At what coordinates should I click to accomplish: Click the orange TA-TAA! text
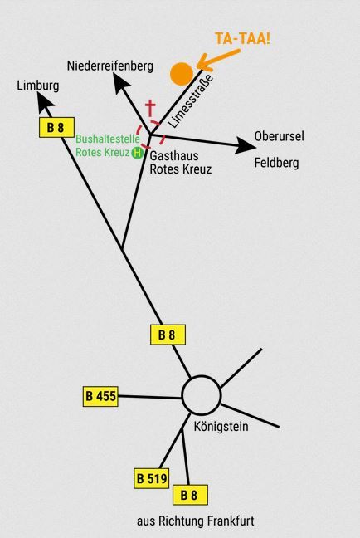pyautogui.click(x=242, y=38)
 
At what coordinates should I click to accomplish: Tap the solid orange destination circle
pyautogui.click(x=182, y=74)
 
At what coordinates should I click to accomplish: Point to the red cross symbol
pyautogui.click(x=150, y=108)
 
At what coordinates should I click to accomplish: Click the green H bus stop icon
pyautogui.click(x=137, y=152)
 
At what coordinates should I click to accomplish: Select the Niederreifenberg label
pyautogui.click(x=110, y=66)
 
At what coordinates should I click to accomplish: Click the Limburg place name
pyautogui.click(x=38, y=85)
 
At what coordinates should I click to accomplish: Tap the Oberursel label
pyautogui.click(x=279, y=136)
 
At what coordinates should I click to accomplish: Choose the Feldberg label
pyautogui.click(x=276, y=163)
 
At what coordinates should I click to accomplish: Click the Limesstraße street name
pyautogui.click(x=191, y=101)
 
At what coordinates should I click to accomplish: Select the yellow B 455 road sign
pyautogui.click(x=100, y=396)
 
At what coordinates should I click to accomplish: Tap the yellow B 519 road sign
pyautogui.click(x=152, y=478)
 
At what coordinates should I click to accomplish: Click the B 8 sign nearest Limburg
pyautogui.click(x=56, y=127)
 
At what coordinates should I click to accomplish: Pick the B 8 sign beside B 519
pyautogui.click(x=190, y=495)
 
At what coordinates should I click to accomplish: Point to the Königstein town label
pyautogui.click(x=221, y=427)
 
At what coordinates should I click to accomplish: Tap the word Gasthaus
pyautogui.click(x=174, y=156)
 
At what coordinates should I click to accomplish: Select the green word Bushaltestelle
pyautogui.click(x=108, y=139)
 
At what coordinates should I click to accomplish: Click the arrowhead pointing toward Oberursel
pyautogui.click(x=246, y=146)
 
